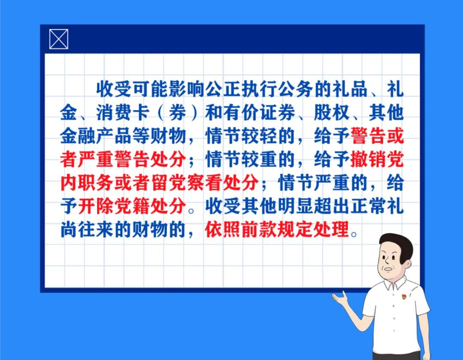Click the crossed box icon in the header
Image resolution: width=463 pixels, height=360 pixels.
[59, 39]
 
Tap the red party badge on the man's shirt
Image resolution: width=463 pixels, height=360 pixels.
[404, 296]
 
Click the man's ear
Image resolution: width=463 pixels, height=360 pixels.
[407, 265]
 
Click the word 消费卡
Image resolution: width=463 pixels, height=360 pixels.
[122, 113]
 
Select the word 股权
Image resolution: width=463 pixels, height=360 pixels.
[331, 113]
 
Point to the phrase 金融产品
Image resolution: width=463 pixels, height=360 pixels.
[95, 136]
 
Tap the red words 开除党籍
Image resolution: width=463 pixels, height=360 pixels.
[114, 206]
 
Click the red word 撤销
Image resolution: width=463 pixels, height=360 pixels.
[368, 159]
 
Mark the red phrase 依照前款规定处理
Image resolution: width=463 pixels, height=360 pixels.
[277, 229]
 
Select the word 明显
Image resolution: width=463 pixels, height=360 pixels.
[295, 206]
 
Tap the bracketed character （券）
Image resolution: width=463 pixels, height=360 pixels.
[177, 113]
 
